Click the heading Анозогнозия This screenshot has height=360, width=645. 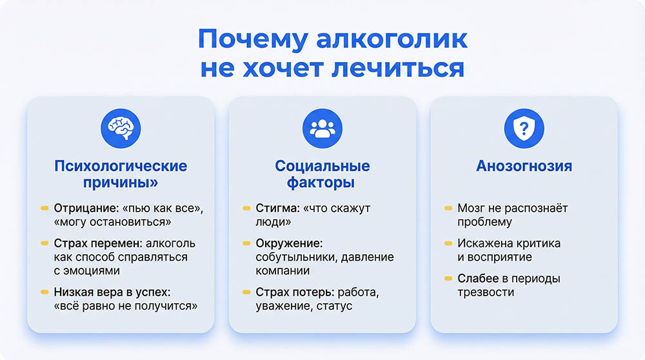pos(524,166)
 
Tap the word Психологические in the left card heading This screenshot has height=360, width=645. pos(121,166)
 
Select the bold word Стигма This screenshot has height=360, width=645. pos(275,209)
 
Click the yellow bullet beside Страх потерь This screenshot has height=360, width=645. pos(246,292)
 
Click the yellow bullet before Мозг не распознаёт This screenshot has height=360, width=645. pos(448,209)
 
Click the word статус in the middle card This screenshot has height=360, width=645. pos(335,306)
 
